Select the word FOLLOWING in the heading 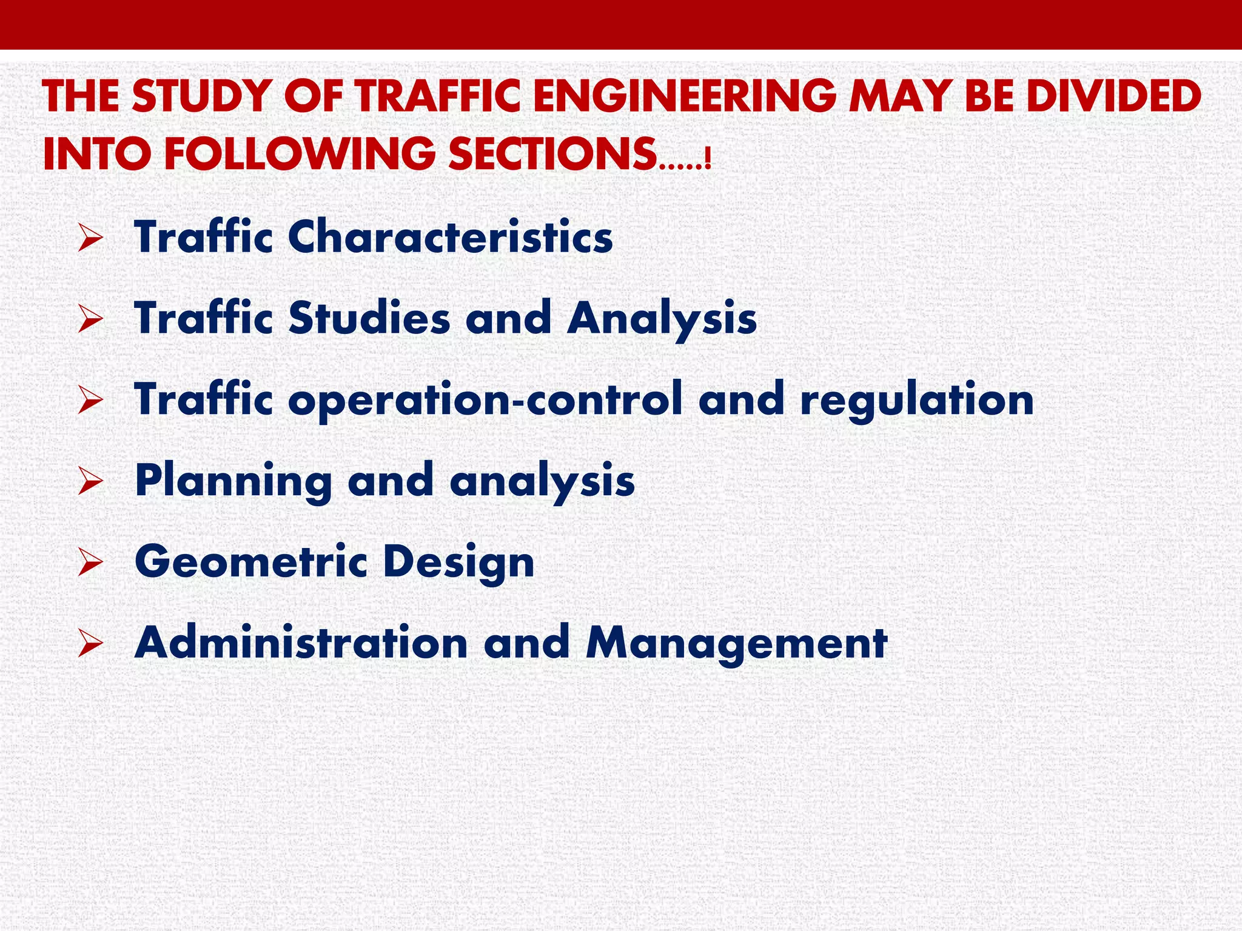(300, 154)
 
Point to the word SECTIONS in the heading (552, 154)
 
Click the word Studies (369, 318)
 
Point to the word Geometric (251, 562)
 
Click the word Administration (301, 642)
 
